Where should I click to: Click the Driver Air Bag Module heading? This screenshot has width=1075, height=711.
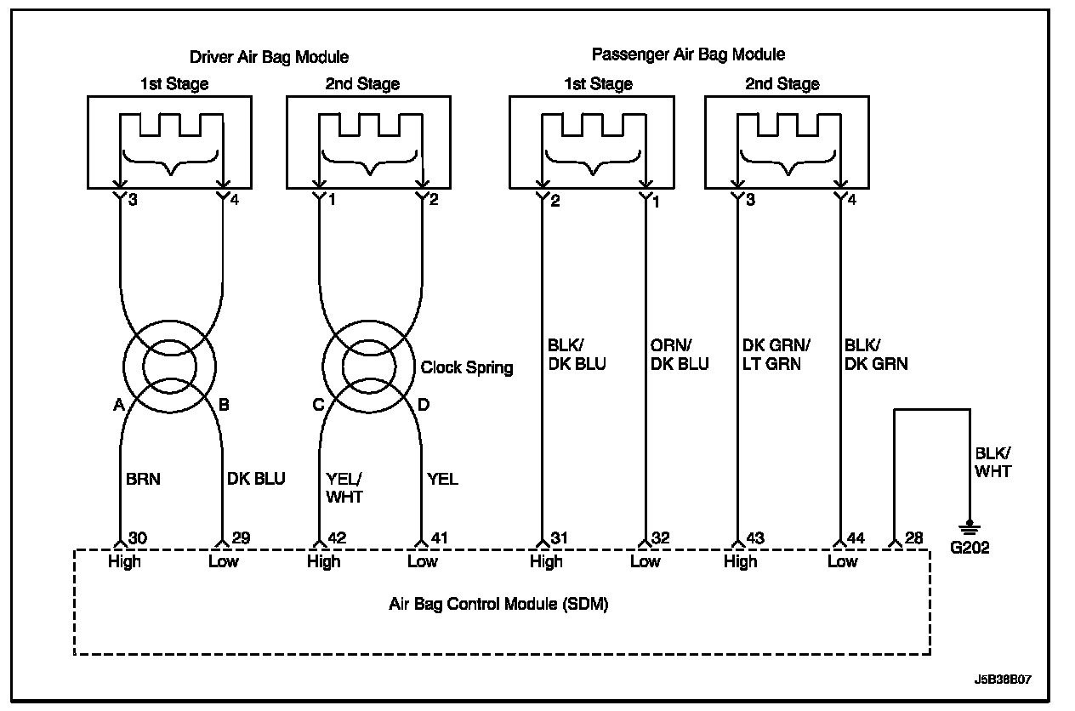268,57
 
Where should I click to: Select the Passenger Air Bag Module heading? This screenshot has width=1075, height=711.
688,54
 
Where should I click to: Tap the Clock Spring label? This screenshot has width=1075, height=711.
467,367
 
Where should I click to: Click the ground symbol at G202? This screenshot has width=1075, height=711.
969,528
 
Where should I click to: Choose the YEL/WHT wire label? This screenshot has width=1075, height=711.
344,488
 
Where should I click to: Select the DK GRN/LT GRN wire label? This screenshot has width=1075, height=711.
775,355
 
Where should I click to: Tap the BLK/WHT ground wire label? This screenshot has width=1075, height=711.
993,463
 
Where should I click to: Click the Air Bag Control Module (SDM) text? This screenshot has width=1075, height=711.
498,605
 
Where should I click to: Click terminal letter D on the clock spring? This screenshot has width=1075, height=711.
424,406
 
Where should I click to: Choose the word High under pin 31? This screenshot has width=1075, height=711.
546,561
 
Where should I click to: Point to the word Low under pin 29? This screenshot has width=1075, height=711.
224,561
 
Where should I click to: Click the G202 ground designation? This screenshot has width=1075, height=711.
970,549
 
